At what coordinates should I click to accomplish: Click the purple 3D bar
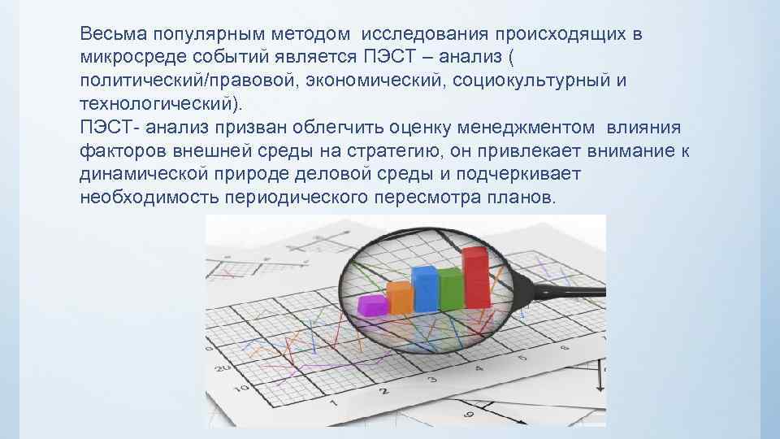372,305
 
